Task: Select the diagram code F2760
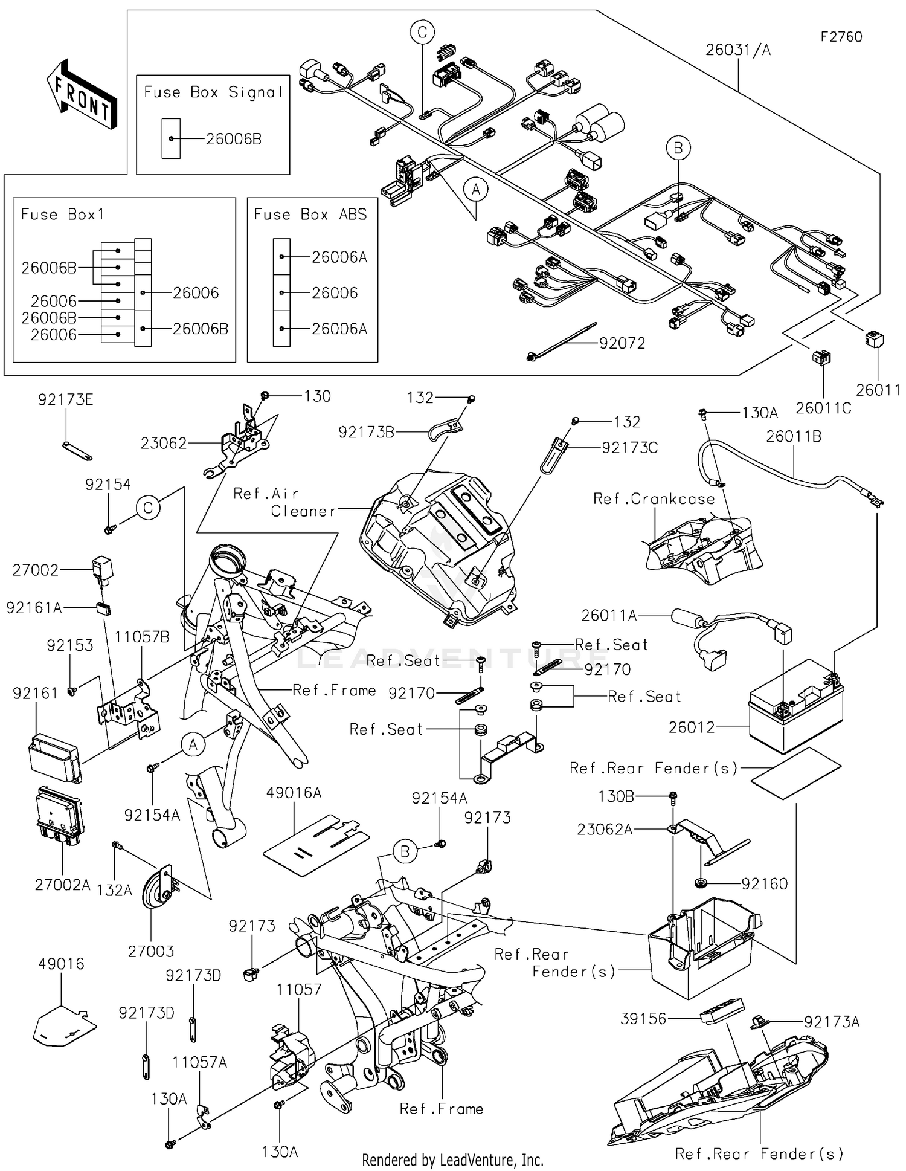pos(841,37)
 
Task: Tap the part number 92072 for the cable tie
pos(622,343)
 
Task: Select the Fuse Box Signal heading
pos(213,92)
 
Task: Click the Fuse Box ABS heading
pos(310,215)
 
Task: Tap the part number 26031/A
pos(738,50)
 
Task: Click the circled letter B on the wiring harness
pos(678,148)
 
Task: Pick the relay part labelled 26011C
pos(821,358)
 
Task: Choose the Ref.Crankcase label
pos(654,498)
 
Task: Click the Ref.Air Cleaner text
pos(284,502)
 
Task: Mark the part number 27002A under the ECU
pos(62,885)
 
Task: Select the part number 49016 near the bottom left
pos(61,964)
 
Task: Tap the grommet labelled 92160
pos(701,883)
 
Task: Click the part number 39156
pos(643,1019)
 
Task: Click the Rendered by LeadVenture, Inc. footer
pos(452,1160)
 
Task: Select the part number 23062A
pos(605,829)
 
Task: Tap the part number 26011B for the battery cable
pos(794,436)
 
